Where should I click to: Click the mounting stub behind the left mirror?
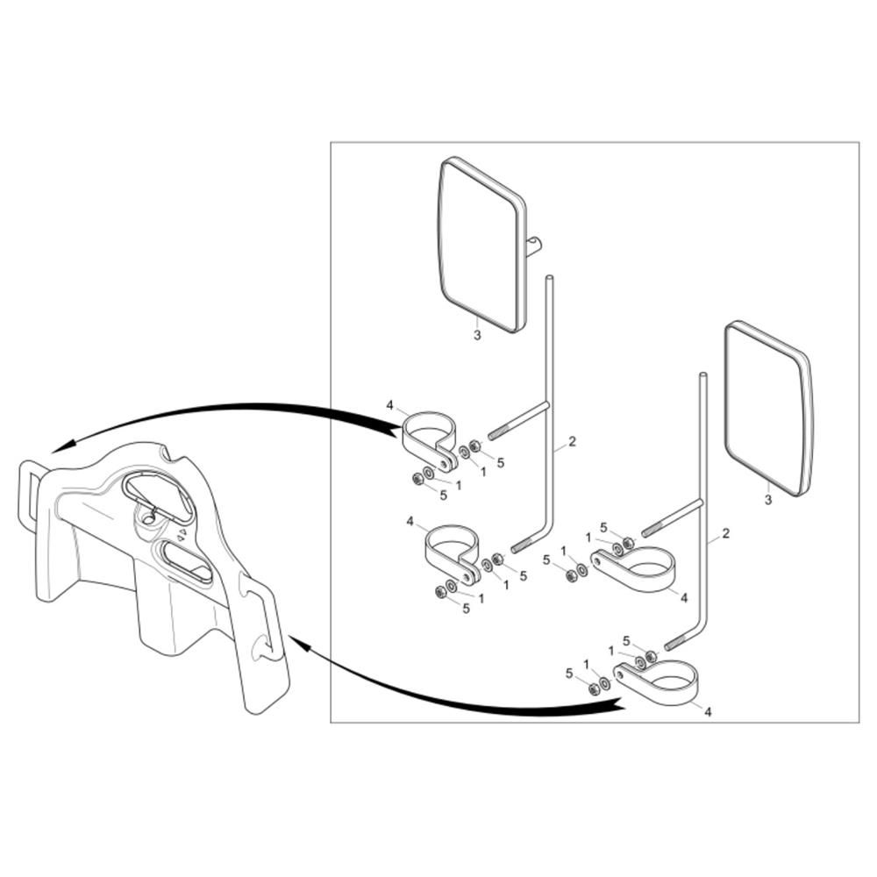tap(534, 246)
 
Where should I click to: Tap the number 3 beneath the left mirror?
tap(477, 335)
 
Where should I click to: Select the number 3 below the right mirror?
tap(768, 499)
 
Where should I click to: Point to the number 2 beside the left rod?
tap(572, 441)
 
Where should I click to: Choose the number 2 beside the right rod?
tap(726, 533)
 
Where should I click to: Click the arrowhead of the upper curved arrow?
tap(61, 446)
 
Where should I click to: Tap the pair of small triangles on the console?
tap(182, 534)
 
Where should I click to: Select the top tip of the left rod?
tap(549, 277)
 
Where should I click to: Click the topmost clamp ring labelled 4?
tap(429, 442)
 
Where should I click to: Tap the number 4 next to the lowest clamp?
tap(708, 712)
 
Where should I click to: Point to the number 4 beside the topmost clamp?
tap(390, 404)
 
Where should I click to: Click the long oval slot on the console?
tap(186, 561)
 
